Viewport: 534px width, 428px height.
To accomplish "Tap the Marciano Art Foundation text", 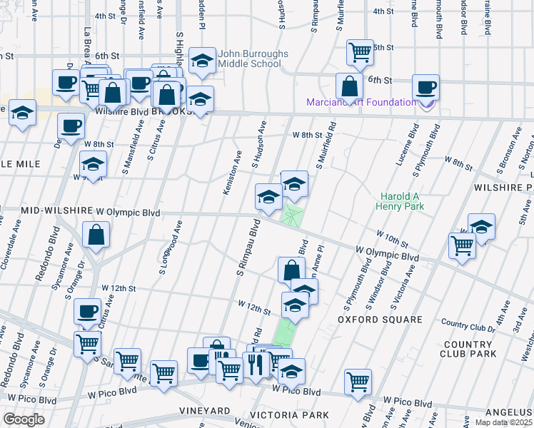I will tap(361, 102).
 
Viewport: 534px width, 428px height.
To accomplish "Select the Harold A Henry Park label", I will tap(402, 201).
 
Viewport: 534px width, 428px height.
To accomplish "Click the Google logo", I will tap(24, 419).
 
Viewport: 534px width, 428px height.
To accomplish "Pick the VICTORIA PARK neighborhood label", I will tap(289, 414).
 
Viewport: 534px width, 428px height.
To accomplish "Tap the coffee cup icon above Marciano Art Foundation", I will tap(426, 87).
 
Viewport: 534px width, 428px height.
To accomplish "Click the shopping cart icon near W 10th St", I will tap(462, 245).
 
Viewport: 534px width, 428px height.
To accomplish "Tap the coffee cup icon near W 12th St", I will tap(88, 311).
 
